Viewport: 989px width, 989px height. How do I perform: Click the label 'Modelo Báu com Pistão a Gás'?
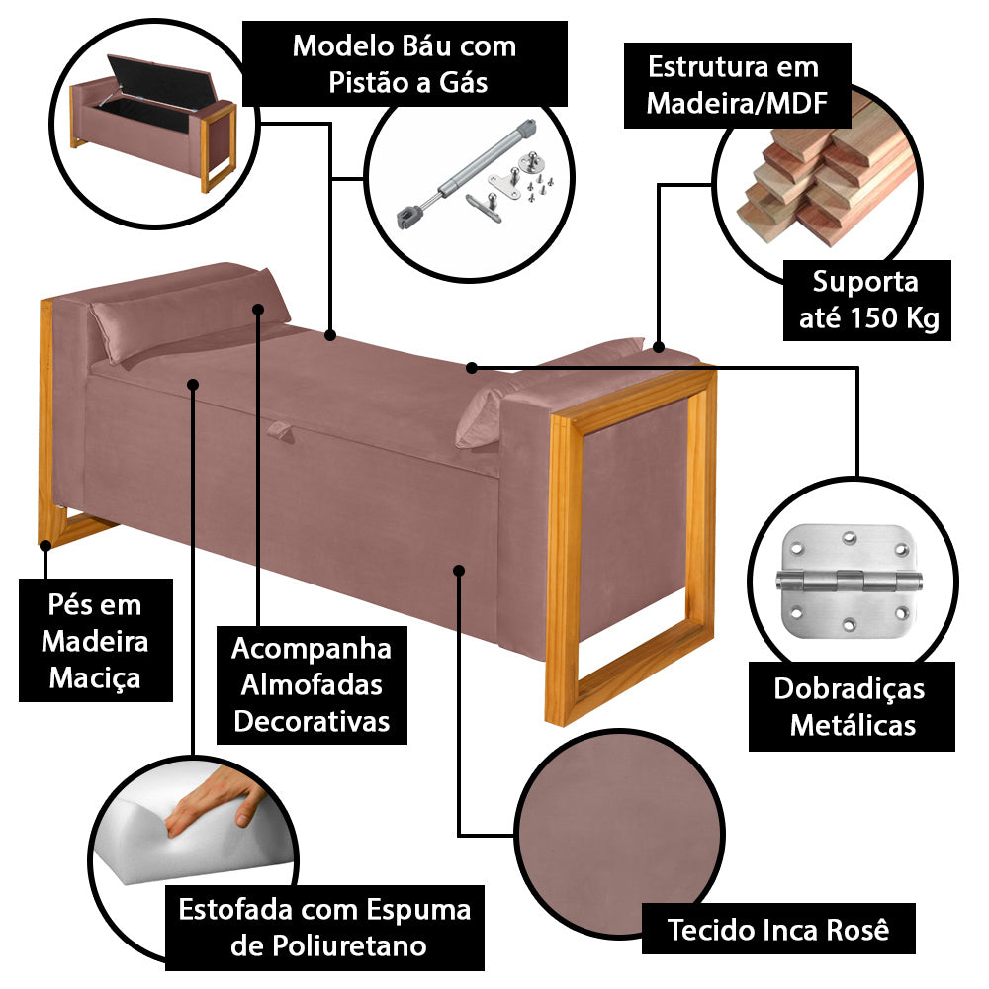(x=405, y=62)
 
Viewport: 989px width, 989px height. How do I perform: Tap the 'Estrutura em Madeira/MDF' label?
(x=734, y=85)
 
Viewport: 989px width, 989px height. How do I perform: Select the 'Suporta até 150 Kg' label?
(x=865, y=300)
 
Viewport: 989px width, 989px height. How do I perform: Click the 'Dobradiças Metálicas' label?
(x=849, y=707)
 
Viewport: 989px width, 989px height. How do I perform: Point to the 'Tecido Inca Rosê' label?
(x=778, y=930)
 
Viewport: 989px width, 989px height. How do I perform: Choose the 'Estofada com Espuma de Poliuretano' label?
(x=324, y=927)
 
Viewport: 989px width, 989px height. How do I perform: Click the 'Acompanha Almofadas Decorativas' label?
(x=312, y=685)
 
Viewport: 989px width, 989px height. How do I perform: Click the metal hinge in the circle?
(x=849, y=580)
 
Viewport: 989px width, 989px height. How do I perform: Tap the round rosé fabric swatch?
(x=617, y=831)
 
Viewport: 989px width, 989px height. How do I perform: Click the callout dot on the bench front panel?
(x=459, y=569)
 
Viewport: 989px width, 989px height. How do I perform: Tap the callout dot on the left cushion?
(x=259, y=309)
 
